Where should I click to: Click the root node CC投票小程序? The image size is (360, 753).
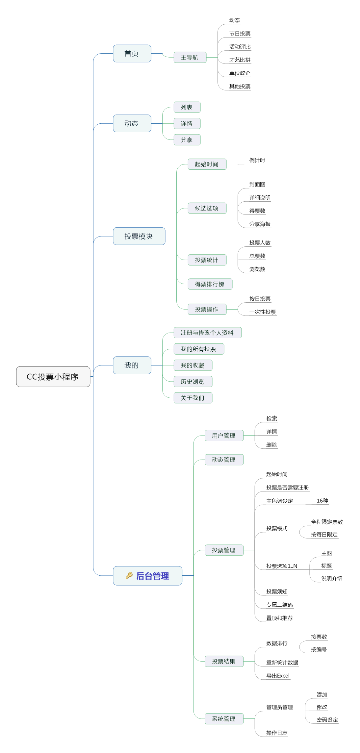[53, 377]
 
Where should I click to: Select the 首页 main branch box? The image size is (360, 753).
[132, 53]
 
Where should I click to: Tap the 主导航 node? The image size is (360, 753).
[190, 57]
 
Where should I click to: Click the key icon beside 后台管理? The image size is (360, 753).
[129, 575]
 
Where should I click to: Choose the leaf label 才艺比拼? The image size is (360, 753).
[240, 60]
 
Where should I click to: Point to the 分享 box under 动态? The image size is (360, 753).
[187, 140]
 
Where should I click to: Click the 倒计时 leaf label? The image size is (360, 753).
[257, 160]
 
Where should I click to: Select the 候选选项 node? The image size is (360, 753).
[207, 208]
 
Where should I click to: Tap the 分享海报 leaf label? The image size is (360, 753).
[260, 224]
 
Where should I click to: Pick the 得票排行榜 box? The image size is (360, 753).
[210, 284]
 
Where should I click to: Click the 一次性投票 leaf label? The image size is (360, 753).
[263, 312]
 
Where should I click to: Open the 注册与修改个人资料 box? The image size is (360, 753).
[207, 333]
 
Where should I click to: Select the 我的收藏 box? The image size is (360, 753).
[193, 365]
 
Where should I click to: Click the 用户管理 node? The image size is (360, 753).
[224, 436]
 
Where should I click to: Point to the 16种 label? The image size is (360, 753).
[322, 501]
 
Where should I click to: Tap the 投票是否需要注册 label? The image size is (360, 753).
[287, 488]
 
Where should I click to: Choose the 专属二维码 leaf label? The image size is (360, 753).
[279, 605]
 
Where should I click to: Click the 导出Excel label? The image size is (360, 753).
[278, 676]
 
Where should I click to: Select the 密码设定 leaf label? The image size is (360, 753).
[327, 720]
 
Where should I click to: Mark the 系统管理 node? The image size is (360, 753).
[224, 719]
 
